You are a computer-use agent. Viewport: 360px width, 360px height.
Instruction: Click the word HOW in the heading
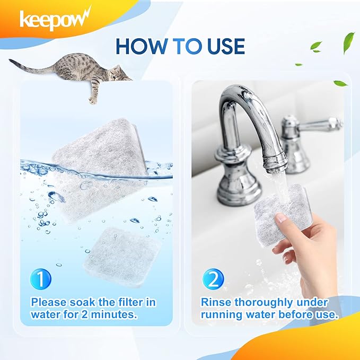pos(141,47)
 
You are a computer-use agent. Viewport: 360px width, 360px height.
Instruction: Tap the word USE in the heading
pos(226,47)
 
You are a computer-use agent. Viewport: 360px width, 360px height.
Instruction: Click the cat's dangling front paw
pos(93,100)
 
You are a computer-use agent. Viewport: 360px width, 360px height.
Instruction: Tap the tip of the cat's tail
pos(10,60)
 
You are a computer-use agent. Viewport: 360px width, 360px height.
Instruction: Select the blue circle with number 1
pos(41,279)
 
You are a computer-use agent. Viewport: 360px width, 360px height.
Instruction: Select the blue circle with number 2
pos(213,279)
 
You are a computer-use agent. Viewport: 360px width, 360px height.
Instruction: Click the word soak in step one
pos(82,302)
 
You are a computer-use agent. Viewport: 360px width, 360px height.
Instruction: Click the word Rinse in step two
pos(216,302)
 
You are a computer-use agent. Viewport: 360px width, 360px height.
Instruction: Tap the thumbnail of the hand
pos(280,217)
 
